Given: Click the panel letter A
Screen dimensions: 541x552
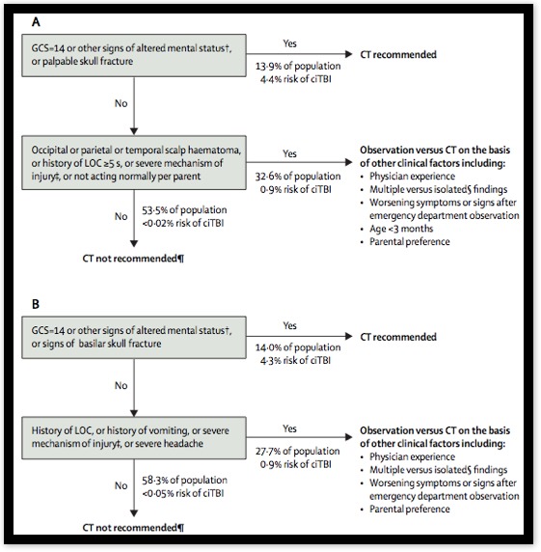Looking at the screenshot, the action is [36, 22].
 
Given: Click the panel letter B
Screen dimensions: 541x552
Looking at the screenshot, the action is [36, 304].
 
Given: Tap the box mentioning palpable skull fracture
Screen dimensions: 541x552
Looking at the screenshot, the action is [134, 55].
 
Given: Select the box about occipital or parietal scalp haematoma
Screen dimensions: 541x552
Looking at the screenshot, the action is [134, 163].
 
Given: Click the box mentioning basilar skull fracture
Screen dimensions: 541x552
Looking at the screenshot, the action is [134, 337].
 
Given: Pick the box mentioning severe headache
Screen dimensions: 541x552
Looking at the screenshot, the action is [134, 437].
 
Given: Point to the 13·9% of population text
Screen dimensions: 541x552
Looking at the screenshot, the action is [298, 67].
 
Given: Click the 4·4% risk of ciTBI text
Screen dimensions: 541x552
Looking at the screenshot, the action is [296, 79].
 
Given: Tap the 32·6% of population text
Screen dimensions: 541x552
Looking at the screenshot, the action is [298, 177].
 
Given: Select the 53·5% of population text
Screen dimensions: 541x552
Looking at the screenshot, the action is [184, 210].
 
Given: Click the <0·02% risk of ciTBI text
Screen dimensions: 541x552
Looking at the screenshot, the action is [183, 223].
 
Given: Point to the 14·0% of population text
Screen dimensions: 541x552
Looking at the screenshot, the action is [298, 347].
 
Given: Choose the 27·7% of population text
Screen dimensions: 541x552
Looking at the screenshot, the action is [298, 452].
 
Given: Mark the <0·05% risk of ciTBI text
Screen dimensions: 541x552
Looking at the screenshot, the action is [183, 493].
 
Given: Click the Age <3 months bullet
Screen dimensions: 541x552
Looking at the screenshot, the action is [396, 229].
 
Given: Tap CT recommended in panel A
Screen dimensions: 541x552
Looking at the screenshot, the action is [398, 55].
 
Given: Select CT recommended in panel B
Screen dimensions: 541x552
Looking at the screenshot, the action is [398, 337].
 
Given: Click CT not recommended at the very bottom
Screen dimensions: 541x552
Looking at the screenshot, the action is [133, 527].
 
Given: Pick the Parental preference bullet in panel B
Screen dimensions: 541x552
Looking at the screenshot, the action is [405, 509].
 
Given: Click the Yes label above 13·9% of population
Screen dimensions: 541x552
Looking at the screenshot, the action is [290, 43].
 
